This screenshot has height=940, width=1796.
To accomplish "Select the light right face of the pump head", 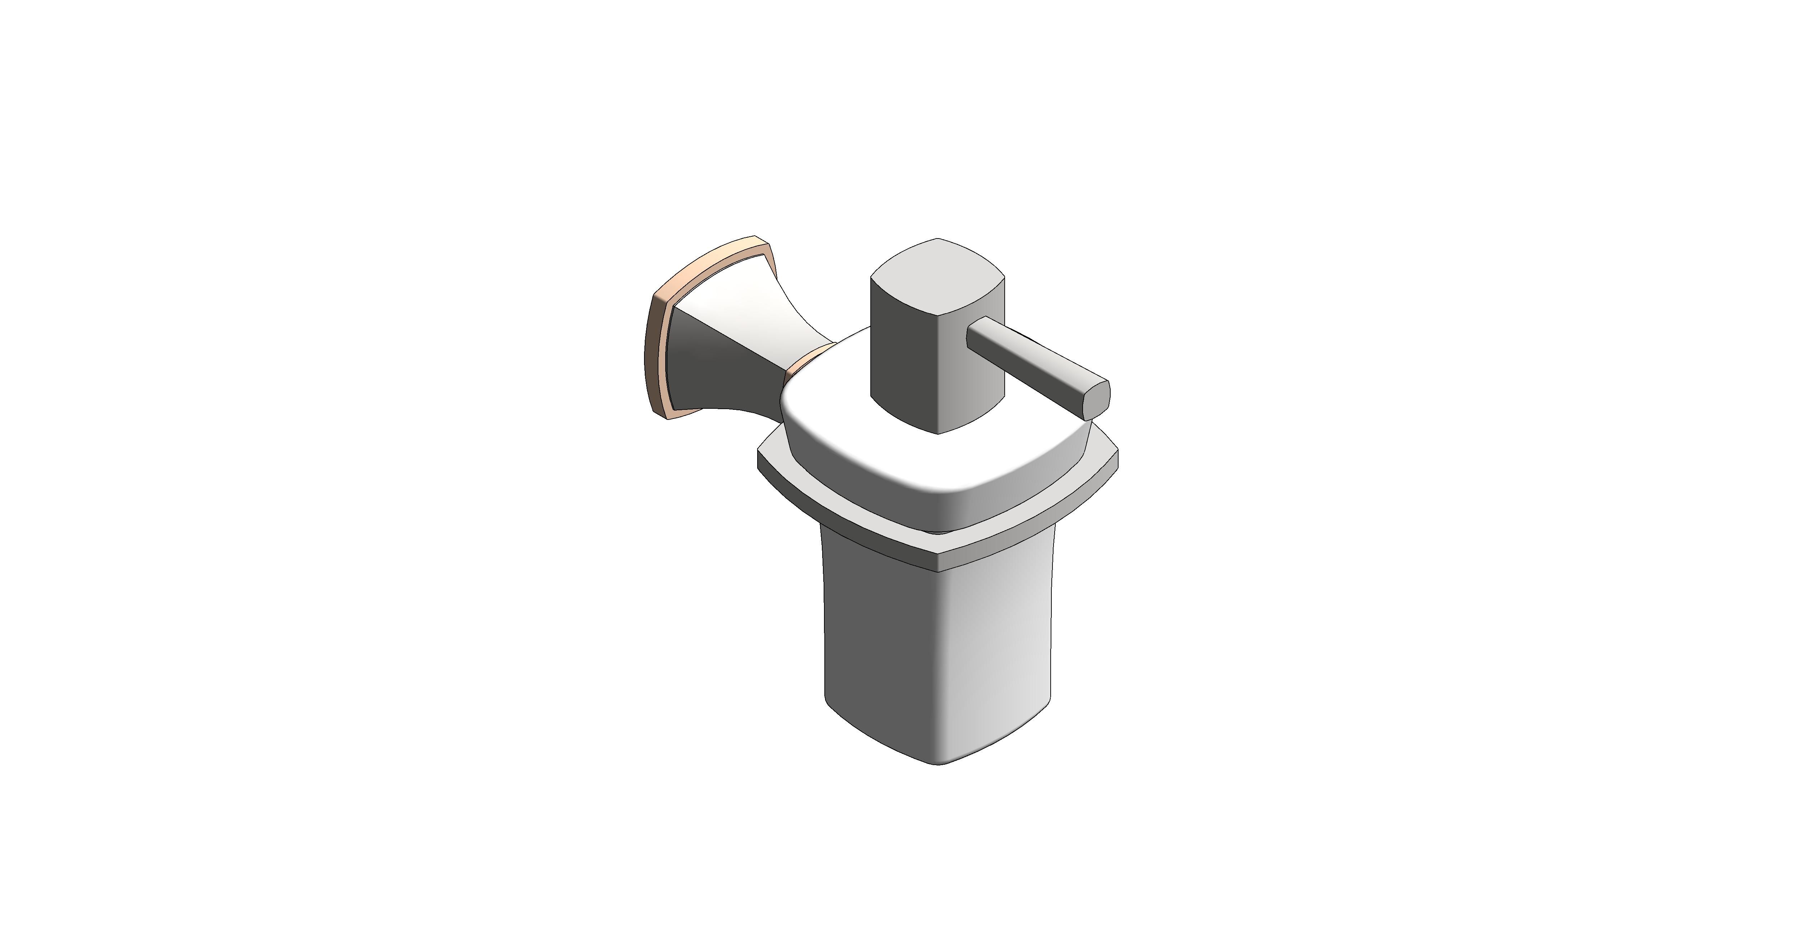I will [x=973, y=376].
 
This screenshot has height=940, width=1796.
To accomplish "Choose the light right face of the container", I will [x=1004, y=648].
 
